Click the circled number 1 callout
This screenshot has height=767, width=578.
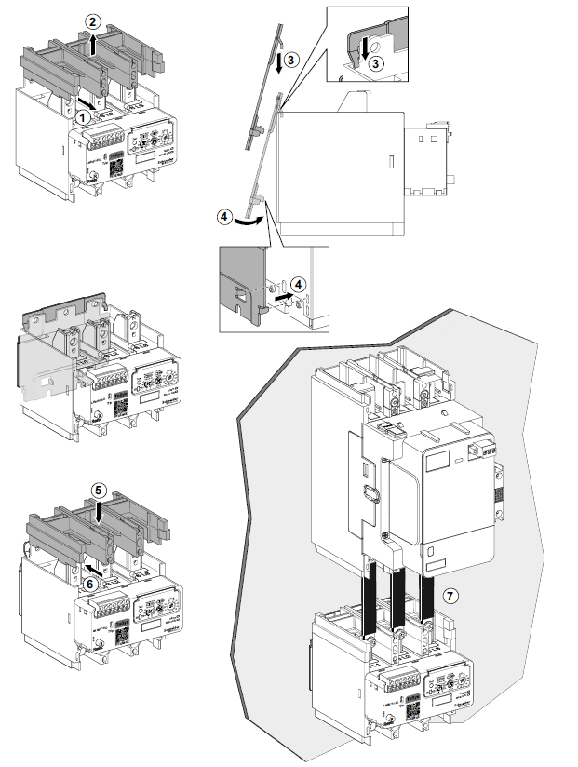pos(83,116)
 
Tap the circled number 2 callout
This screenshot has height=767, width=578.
pos(90,20)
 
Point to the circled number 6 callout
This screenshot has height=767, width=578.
pos(90,583)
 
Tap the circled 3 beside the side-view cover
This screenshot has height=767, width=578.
pos(291,59)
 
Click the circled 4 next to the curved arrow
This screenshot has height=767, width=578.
pos(224,216)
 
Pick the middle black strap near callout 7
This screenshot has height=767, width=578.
pos(397,595)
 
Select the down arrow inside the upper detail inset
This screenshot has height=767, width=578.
pos(363,42)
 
